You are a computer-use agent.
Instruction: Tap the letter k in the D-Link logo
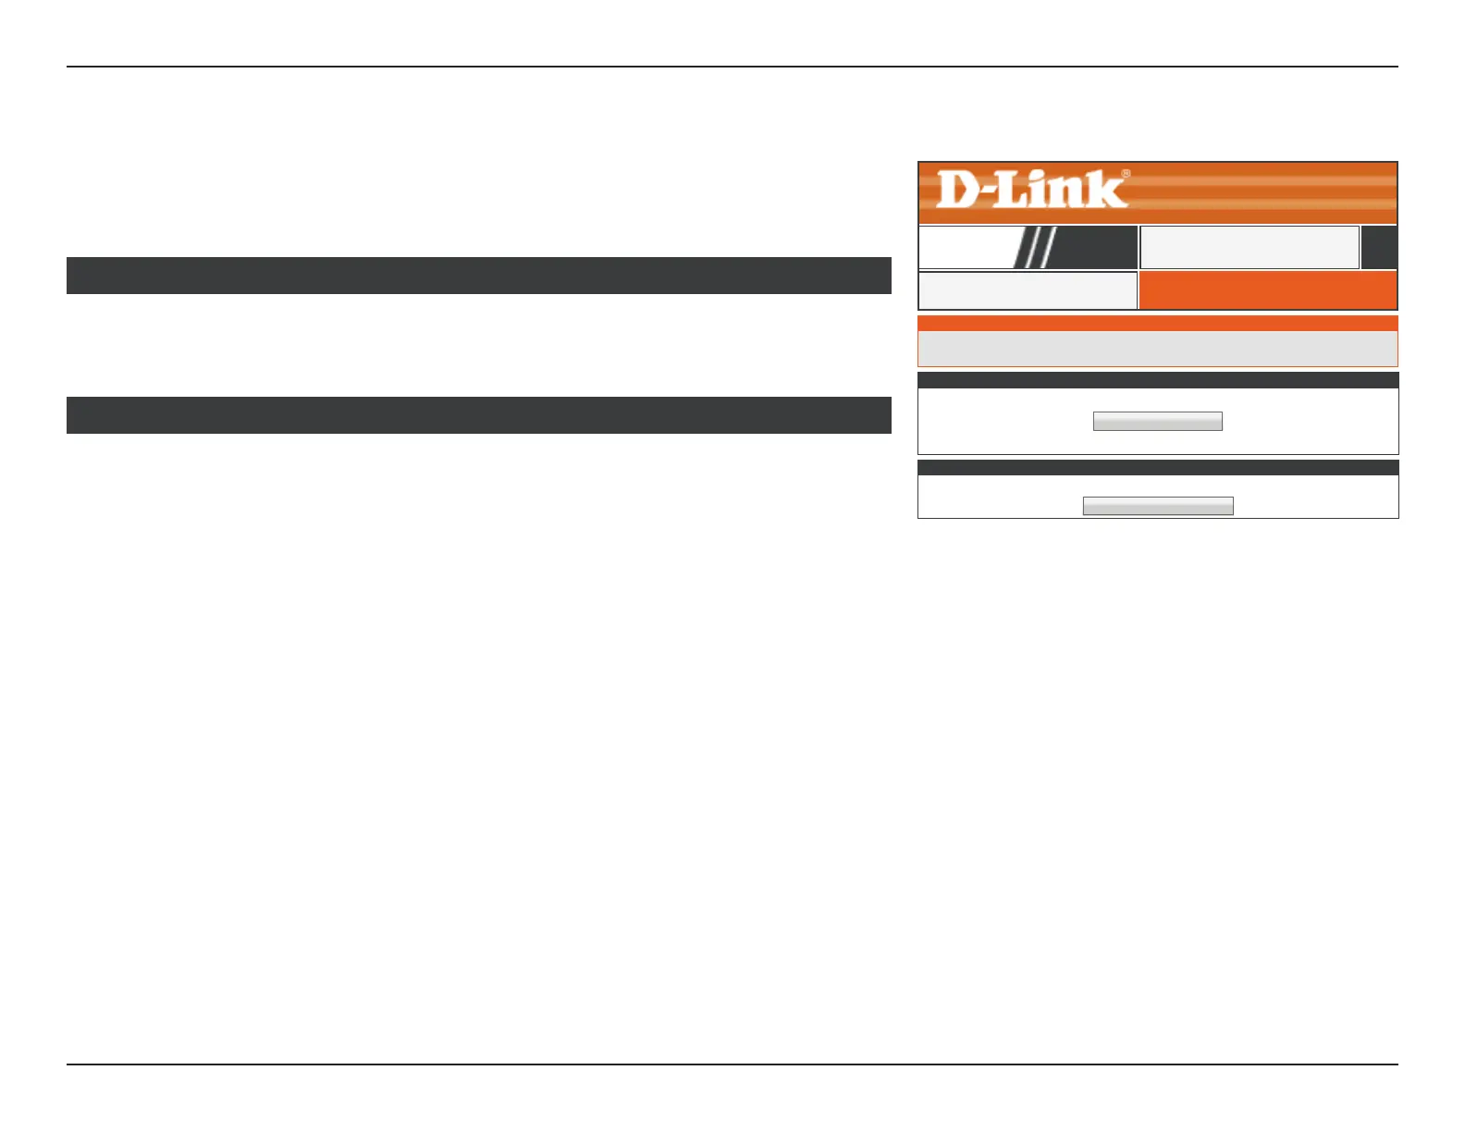[x=1109, y=189]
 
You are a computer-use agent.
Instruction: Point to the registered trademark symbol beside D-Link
[x=1126, y=173]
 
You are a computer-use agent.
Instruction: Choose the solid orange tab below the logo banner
[x=1267, y=290]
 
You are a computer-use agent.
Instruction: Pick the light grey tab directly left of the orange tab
[x=1027, y=290]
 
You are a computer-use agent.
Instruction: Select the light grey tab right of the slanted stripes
[x=1249, y=248]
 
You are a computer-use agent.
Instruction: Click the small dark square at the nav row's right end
[x=1379, y=248]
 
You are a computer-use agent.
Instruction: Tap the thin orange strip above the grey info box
[x=1157, y=324]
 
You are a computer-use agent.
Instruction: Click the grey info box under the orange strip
[x=1157, y=349]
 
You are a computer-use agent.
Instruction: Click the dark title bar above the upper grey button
[x=1157, y=380]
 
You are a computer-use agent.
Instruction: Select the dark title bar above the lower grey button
[x=1157, y=468]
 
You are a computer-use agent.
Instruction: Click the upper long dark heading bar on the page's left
[x=478, y=276]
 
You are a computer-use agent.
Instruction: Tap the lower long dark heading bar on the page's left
[x=478, y=415]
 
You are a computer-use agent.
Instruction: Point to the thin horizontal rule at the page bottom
[x=732, y=1064]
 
